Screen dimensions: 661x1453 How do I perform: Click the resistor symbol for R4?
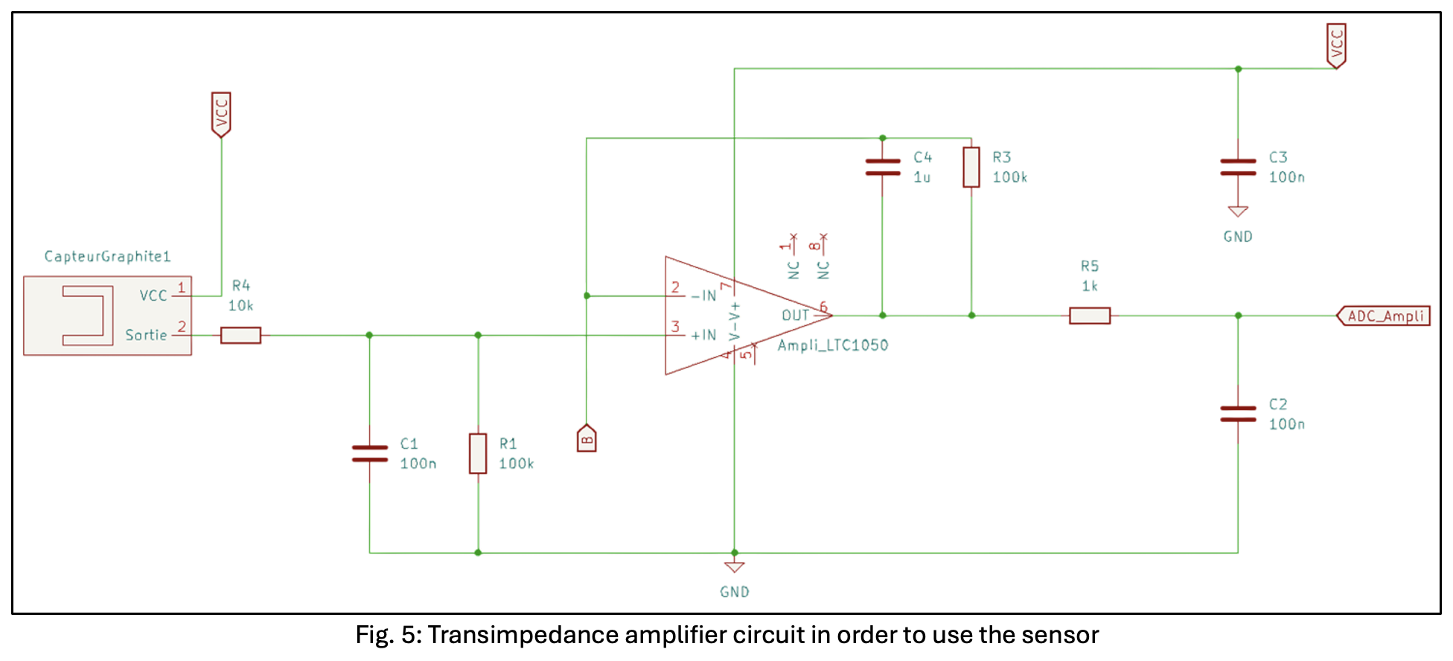tap(240, 335)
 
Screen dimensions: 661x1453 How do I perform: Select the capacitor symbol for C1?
tap(369, 453)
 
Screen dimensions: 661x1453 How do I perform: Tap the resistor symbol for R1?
tap(478, 453)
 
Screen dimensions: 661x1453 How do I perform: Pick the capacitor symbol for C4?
tap(882, 167)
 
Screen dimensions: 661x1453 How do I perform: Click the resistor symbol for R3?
tap(971, 167)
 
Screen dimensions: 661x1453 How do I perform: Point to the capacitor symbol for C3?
tap(1238, 167)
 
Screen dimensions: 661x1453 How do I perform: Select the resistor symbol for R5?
tap(1090, 316)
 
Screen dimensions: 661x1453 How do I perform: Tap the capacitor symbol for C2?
tap(1238, 414)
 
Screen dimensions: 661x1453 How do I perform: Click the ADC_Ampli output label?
tap(1384, 316)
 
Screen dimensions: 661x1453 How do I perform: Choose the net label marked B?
tap(587, 439)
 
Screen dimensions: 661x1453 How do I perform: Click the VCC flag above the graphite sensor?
tap(221, 114)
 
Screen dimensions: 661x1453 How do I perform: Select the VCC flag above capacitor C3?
tap(1336, 45)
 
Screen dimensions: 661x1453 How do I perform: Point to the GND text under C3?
tap(1238, 237)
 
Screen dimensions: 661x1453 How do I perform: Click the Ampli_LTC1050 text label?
tap(833, 345)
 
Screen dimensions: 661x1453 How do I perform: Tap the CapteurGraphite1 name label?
tap(108, 257)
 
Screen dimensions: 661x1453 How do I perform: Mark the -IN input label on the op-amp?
tap(703, 296)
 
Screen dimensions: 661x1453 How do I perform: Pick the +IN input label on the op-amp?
tap(703, 336)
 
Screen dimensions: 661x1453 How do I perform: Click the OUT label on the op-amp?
tap(795, 316)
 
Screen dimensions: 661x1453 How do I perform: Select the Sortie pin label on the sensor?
tap(146, 336)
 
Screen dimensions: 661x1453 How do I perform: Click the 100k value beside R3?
tap(1010, 177)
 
